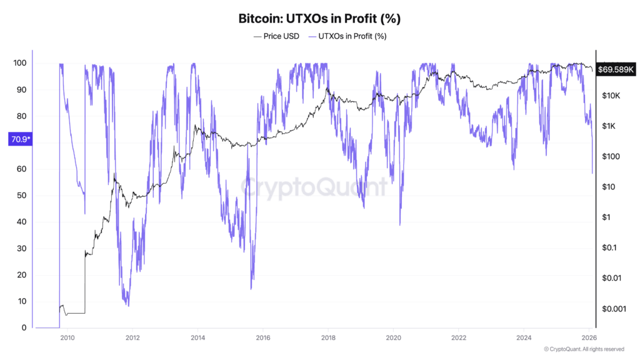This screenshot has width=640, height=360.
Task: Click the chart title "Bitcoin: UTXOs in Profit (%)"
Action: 319,18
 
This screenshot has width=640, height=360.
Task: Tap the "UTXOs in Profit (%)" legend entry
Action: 348,36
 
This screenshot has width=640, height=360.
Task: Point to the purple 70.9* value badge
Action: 18,140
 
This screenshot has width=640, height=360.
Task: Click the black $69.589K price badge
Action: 616,69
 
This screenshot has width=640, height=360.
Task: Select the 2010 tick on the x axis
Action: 67,337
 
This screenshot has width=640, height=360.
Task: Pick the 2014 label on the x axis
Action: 197,337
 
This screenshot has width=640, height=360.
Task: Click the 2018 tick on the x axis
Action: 328,337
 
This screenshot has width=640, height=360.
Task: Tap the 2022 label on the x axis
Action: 459,337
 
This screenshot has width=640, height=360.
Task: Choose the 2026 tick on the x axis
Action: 589,337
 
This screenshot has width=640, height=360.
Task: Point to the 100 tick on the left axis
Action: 19,63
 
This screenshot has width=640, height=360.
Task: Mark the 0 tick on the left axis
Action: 24,328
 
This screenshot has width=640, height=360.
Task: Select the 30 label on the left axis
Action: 21,249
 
